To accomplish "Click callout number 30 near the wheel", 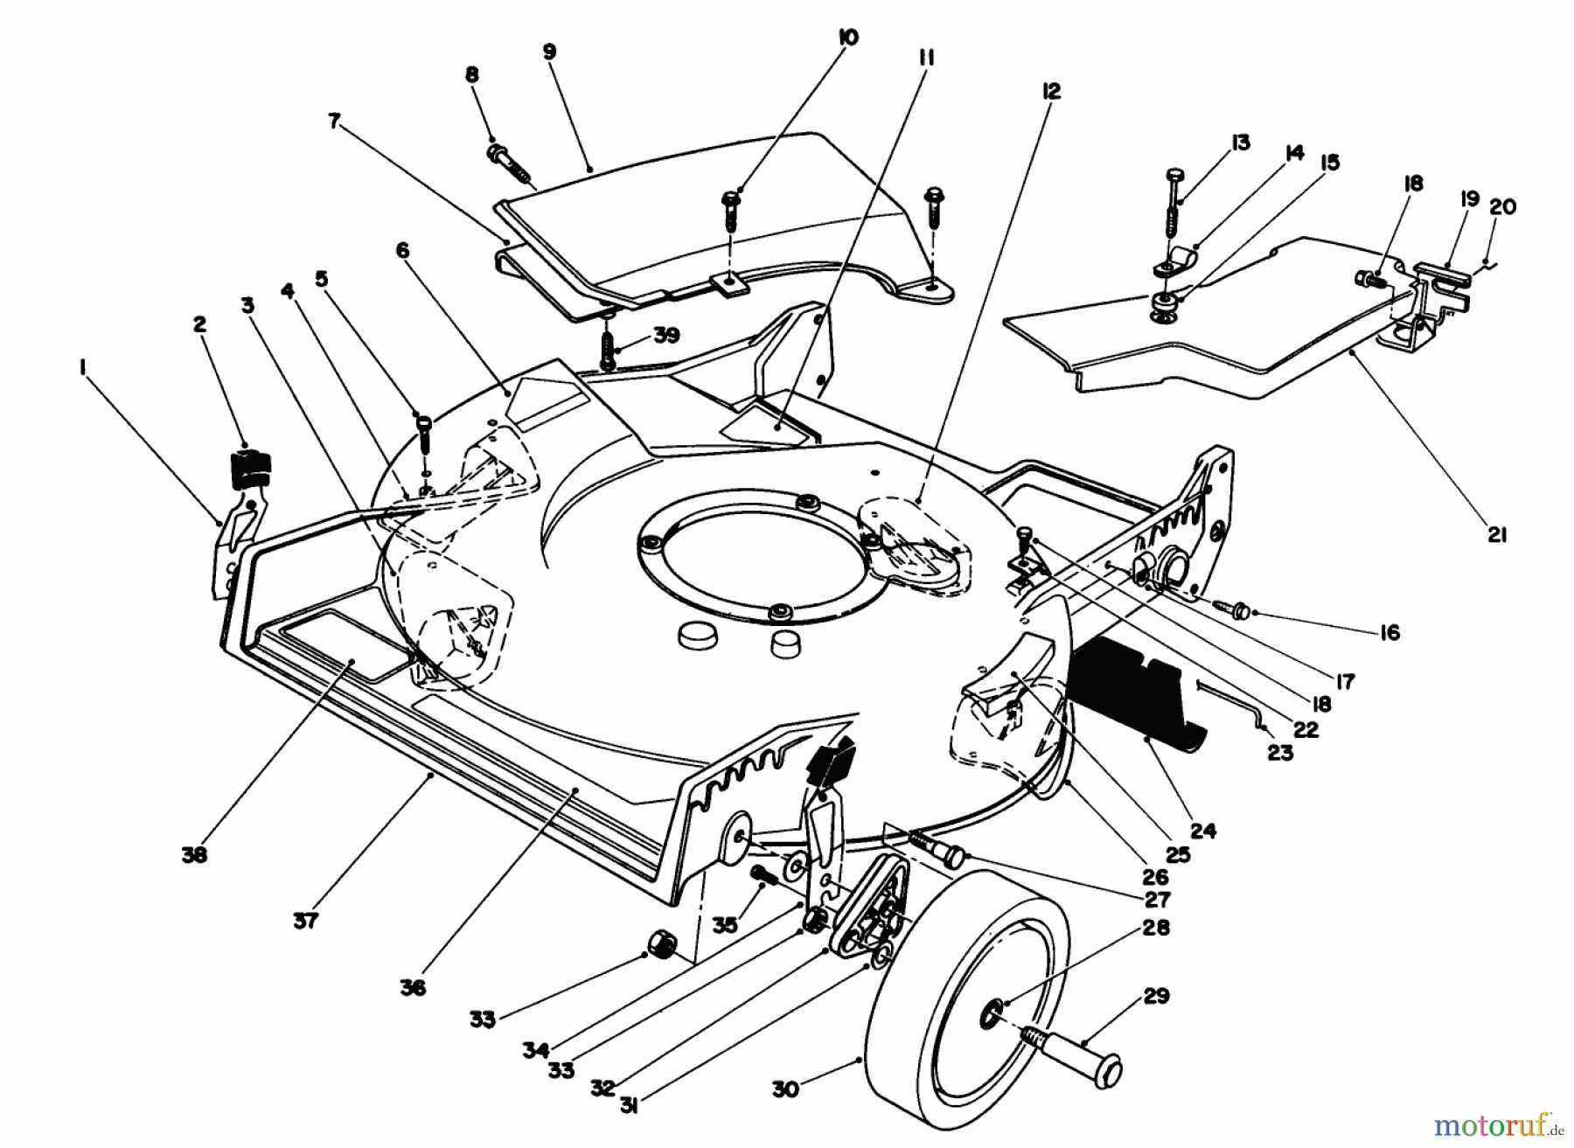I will (x=785, y=1090).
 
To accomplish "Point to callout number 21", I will (x=1497, y=535).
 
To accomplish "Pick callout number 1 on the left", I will (x=82, y=370).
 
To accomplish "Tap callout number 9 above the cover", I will (x=549, y=52).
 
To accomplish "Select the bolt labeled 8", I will (x=512, y=165).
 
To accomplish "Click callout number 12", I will (x=1051, y=90).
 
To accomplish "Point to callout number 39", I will (x=666, y=337).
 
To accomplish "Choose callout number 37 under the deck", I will (x=305, y=920).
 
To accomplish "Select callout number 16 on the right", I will (x=1389, y=632).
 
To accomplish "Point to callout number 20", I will (x=1502, y=207).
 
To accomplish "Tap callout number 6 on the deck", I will (x=402, y=251).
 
